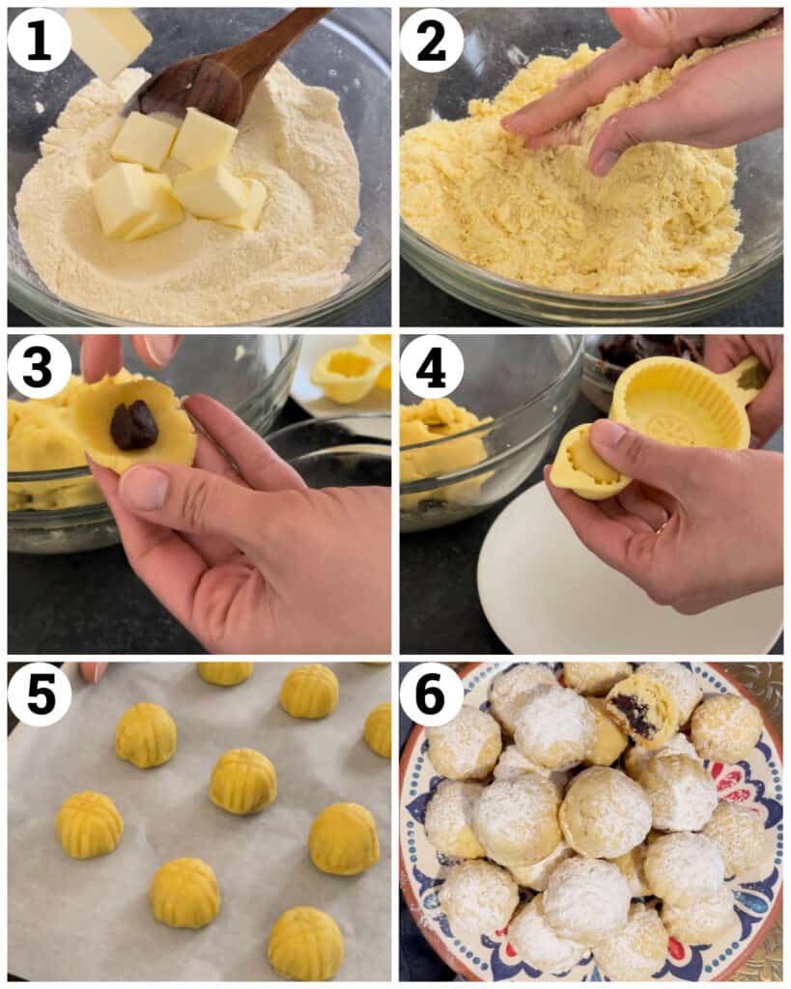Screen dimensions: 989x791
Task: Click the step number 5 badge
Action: click(39, 693)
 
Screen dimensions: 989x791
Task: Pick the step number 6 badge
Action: click(432, 693)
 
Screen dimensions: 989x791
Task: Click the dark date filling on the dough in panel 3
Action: click(133, 426)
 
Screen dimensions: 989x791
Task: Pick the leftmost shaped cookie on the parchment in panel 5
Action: click(89, 825)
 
